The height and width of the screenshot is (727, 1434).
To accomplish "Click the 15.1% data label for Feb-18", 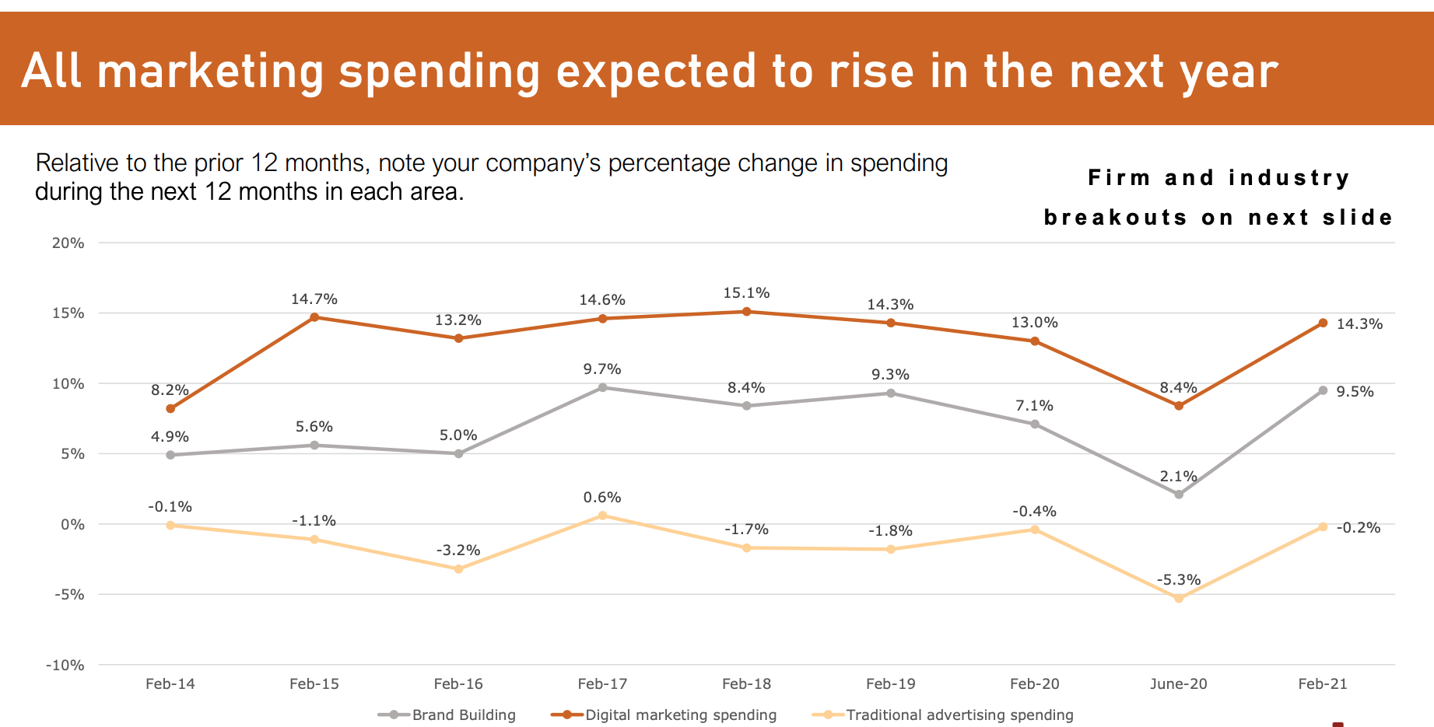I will (x=746, y=293).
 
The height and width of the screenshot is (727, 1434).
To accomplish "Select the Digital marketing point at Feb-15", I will (x=314, y=317).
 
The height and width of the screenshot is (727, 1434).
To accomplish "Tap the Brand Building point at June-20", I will (x=1178, y=495).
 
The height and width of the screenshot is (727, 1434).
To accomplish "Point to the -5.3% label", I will (x=1178, y=580).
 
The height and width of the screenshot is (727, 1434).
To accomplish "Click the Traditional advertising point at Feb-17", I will (x=602, y=516).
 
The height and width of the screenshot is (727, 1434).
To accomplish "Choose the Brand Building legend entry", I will (x=447, y=715).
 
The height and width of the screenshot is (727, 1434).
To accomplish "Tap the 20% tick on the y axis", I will (x=68, y=243).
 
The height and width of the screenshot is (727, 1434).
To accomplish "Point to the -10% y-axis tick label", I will (x=65, y=666).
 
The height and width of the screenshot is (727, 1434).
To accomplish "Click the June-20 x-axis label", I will (x=1178, y=684).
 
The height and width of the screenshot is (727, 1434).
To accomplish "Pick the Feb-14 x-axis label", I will (x=170, y=684).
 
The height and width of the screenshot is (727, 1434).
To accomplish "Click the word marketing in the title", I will (x=210, y=72).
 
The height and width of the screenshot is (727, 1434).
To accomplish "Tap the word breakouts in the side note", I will (x=1115, y=218).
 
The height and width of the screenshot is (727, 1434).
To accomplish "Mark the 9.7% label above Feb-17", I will (x=602, y=369).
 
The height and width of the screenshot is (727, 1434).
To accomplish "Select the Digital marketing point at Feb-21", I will (x=1323, y=323).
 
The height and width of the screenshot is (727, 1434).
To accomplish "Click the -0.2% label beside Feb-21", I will (x=1358, y=528).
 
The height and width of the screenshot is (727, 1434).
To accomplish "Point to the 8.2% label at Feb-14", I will (x=170, y=390).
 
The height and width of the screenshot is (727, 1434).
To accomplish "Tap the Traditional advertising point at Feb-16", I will (x=458, y=569).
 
